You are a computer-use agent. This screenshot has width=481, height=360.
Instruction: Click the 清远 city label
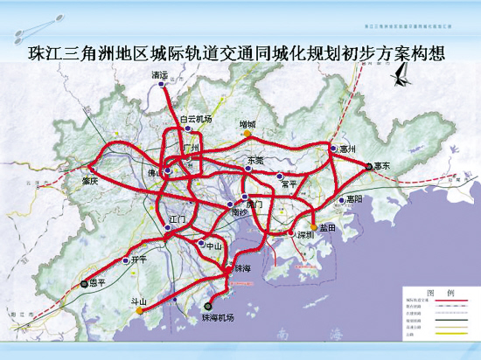pos(159,76)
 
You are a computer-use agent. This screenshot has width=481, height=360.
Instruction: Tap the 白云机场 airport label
pos(196,118)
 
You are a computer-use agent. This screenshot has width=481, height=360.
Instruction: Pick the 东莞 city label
pos(254,161)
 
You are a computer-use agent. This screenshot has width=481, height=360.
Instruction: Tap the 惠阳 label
pos(353,199)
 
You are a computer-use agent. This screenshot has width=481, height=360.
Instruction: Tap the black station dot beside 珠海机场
pos(207,306)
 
